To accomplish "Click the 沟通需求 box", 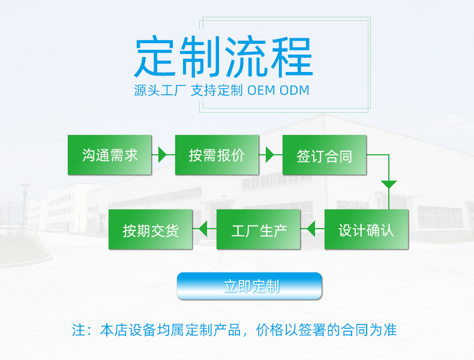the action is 109,155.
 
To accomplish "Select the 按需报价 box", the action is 217,155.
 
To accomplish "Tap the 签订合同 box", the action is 325,155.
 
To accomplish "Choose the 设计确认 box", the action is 367,229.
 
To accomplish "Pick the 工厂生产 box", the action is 259,229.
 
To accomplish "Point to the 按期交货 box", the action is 150,229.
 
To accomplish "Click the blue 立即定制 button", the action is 249,286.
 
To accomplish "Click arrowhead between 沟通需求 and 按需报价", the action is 163,155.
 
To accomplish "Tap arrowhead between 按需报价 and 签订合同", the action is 270,155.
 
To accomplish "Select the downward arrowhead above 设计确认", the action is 389,184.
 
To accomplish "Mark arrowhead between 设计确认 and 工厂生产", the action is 311,229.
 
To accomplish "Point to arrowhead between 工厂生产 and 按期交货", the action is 203,229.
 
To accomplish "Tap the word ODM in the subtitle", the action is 295,91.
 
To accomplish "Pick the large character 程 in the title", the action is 292,56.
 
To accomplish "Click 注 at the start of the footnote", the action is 79,330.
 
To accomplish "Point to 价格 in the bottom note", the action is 269,330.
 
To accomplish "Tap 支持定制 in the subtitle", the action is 217,91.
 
